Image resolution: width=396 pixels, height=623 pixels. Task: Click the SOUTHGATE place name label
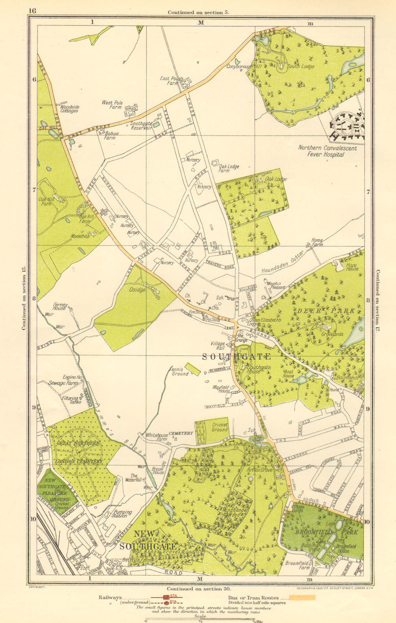[236, 356]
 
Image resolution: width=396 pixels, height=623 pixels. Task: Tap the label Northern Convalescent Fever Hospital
[327, 151]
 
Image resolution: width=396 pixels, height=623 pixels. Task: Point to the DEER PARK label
[332, 311]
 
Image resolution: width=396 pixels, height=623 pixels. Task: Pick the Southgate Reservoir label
[141, 126]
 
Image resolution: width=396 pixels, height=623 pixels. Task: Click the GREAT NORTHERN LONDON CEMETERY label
[78, 452]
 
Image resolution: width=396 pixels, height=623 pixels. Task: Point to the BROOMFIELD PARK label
[332, 532]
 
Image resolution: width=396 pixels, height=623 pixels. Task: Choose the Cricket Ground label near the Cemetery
[219, 427]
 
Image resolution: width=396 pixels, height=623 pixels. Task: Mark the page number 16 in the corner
[32, 11]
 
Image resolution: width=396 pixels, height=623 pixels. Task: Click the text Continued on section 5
[198, 12]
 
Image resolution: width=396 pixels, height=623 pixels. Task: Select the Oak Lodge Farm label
[229, 168]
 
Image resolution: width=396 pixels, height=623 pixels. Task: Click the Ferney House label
[60, 306]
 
